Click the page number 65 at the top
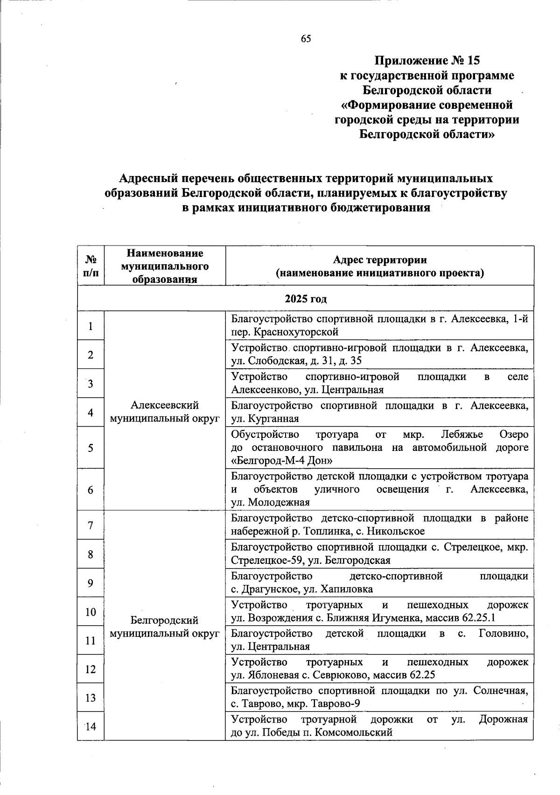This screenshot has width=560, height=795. pos(306,39)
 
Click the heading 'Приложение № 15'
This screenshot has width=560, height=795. pos(427,61)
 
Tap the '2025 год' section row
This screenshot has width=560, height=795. pos(306,299)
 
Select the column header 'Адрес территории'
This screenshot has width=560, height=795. pos(379,260)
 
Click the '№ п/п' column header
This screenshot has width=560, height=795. pos(91,266)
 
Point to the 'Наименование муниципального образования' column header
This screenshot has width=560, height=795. pos(165,266)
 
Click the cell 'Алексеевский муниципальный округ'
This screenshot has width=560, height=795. pos(165,412)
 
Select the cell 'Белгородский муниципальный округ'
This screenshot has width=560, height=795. pos(165,626)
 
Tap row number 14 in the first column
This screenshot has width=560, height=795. pos(91,727)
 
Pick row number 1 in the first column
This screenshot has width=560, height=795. pos(91,326)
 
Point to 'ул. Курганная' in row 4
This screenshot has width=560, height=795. pos(265,419)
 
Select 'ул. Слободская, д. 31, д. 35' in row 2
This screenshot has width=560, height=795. pos(296,361)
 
